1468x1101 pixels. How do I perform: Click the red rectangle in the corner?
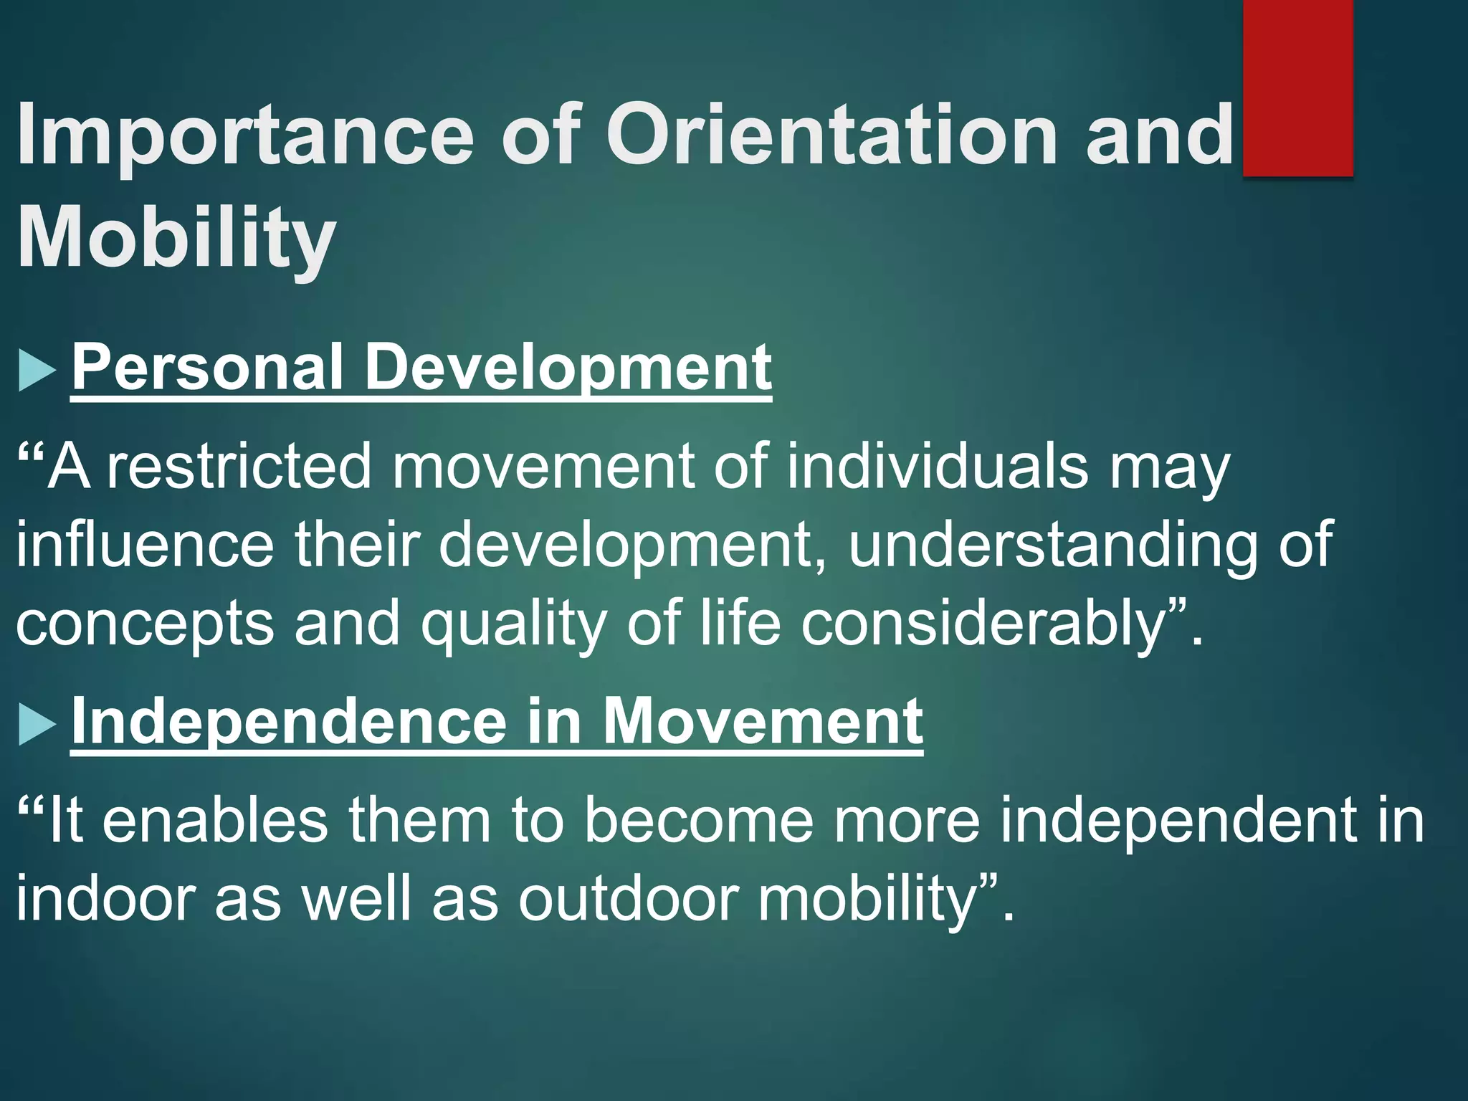1297,87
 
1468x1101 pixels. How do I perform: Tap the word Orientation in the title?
831,135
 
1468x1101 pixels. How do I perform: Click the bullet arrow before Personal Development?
37,370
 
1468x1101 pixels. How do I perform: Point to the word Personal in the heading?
207,367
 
